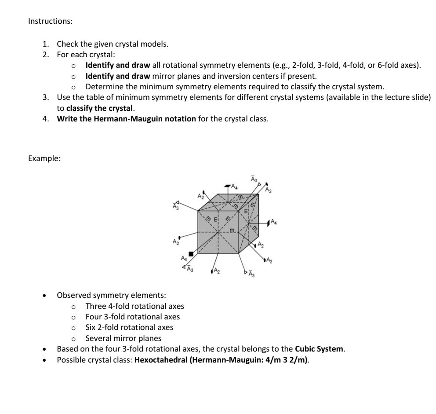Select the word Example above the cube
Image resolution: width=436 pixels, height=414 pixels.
(44, 159)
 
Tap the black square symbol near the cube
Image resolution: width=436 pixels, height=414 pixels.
(191, 254)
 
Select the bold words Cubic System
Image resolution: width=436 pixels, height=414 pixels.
(320, 349)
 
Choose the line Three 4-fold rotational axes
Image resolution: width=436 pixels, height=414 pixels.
(134, 306)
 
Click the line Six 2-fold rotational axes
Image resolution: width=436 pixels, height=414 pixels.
(129, 327)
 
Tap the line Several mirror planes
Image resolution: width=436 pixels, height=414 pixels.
(123, 338)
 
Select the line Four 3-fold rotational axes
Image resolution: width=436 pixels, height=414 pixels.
(132, 317)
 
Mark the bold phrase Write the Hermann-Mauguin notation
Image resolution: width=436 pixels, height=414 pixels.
(127, 119)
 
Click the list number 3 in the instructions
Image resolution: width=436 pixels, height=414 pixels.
(45, 98)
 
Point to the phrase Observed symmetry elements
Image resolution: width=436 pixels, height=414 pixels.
(111, 295)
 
